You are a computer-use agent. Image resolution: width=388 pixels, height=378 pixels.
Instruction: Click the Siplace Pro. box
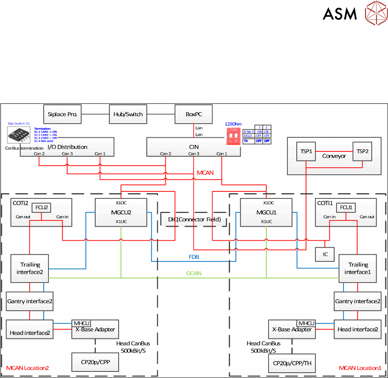coord(63,114)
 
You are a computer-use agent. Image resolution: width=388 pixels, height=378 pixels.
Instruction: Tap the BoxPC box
coord(193,114)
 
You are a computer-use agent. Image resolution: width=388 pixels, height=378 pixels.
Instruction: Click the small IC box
coord(325,254)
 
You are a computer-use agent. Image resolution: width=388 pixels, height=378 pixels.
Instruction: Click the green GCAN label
coord(194,273)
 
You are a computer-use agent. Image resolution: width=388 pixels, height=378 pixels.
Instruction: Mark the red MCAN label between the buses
coord(205,173)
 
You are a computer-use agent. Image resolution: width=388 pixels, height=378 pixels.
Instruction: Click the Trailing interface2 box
coord(30,268)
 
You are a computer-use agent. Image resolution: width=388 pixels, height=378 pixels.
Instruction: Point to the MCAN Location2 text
coord(27,368)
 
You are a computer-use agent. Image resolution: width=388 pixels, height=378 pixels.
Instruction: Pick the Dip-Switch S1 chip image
coord(19,134)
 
